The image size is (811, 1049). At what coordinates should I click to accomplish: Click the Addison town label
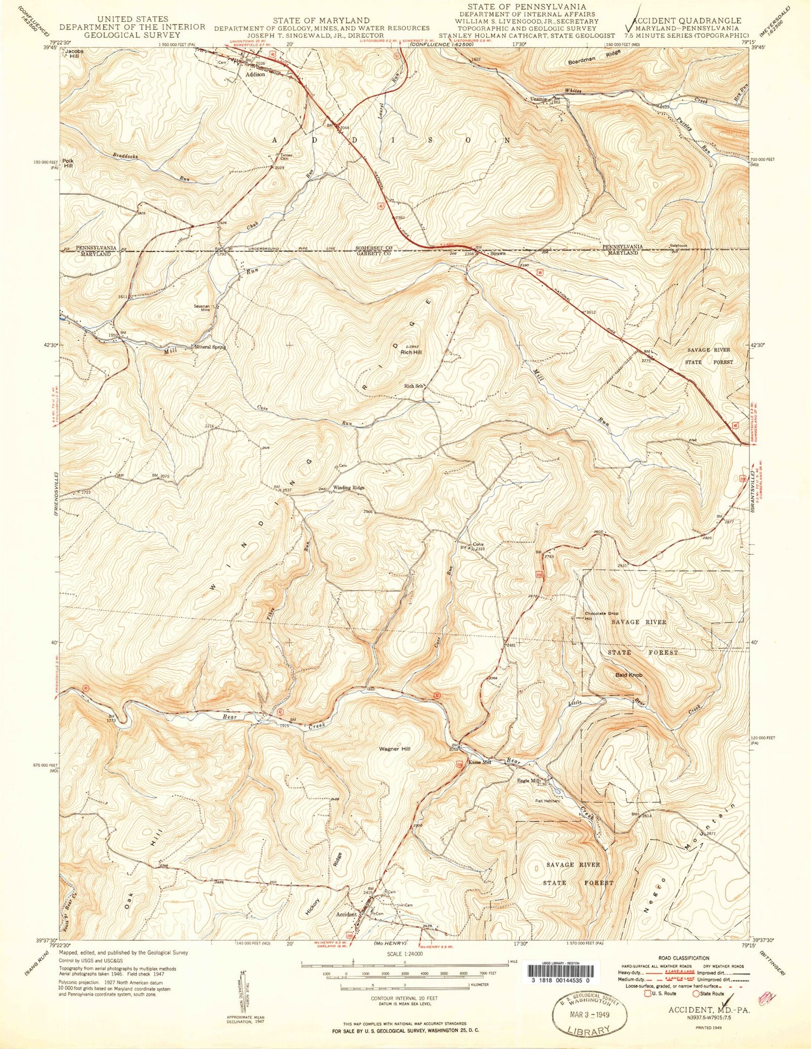[x=255, y=75]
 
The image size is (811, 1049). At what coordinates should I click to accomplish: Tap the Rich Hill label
[x=411, y=353]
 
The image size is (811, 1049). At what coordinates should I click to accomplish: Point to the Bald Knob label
[x=629, y=675]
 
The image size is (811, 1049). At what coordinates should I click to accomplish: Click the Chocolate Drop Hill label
[x=601, y=616]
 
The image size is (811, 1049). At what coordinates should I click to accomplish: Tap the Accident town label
[x=347, y=914]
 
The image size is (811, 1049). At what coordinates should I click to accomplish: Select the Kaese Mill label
[x=480, y=762]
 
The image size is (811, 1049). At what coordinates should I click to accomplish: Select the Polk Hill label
[x=68, y=163]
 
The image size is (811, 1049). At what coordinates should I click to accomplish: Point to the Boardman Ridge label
[x=594, y=58]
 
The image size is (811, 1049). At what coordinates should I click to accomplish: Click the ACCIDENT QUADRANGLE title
[x=692, y=21]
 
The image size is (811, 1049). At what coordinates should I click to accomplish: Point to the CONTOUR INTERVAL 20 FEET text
[x=404, y=998]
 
